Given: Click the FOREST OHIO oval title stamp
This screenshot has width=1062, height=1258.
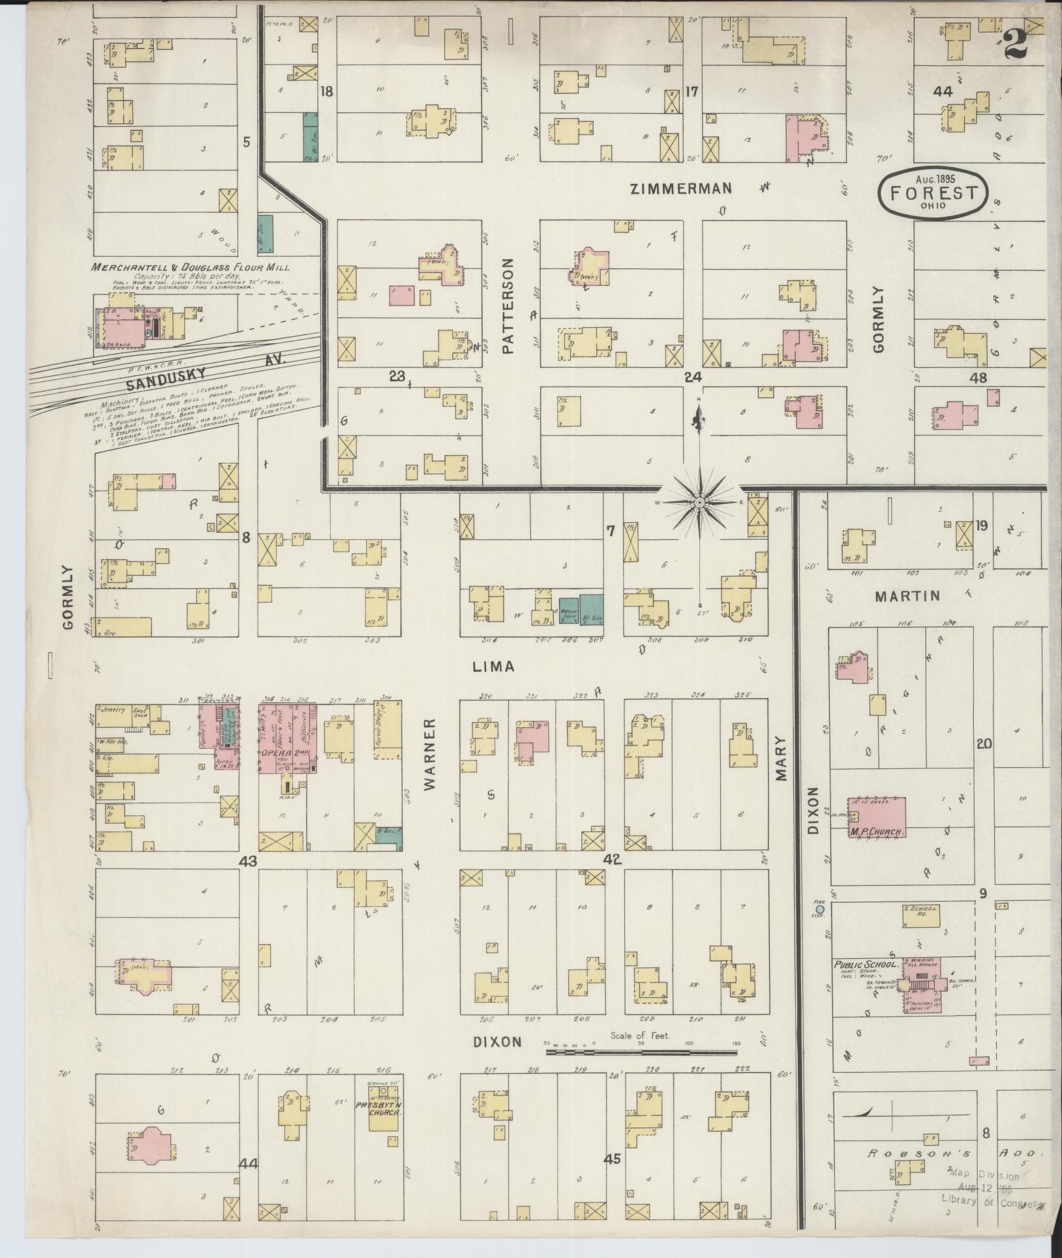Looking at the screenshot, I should click(x=933, y=192).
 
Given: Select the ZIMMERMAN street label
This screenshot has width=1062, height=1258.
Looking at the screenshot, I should click(x=681, y=189).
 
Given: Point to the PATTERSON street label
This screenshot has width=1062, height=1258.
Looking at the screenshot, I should click(x=508, y=306).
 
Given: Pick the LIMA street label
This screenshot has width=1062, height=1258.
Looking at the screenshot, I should click(x=494, y=667).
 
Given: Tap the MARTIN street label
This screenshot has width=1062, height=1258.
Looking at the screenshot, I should click(x=907, y=595).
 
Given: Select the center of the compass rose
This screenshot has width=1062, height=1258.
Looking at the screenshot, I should click(x=699, y=502).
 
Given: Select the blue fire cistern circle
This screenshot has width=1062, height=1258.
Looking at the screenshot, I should click(x=820, y=909).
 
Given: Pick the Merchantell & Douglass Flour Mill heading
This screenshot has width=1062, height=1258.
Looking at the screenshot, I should click(x=190, y=267).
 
